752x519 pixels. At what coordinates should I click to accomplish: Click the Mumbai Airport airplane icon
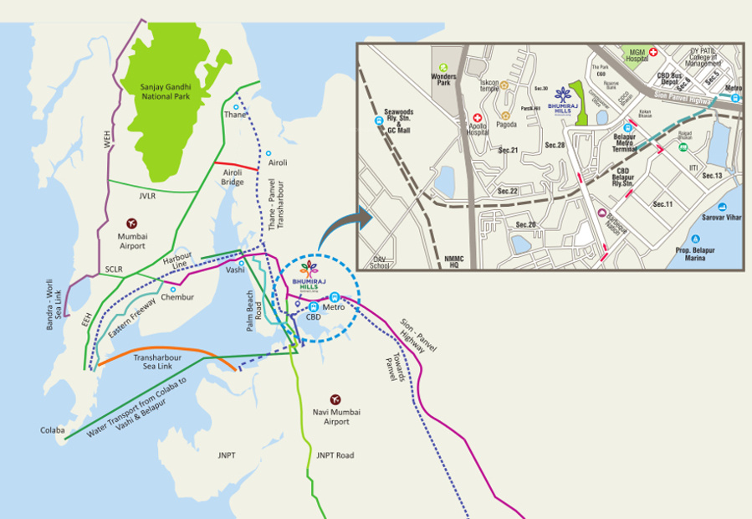click(x=131, y=224)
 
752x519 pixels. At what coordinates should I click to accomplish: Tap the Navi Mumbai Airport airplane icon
click(x=335, y=399)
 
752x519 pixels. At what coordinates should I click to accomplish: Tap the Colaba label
click(x=52, y=430)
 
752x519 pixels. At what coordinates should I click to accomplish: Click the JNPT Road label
click(x=335, y=455)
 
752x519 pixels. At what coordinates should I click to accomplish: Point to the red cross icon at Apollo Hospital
click(x=478, y=119)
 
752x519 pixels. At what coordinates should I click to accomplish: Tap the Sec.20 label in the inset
click(x=525, y=225)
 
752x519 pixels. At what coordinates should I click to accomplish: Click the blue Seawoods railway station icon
click(x=379, y=121)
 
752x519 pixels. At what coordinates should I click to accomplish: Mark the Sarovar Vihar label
click(x=719, y=216)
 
